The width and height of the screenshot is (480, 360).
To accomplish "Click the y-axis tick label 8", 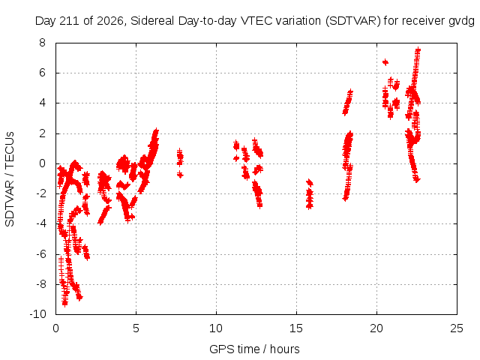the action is [42, 43].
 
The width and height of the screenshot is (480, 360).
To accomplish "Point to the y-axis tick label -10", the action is [38, 314].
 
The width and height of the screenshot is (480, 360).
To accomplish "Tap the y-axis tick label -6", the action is [40, 254].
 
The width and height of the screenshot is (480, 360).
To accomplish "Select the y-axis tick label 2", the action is [42, 133].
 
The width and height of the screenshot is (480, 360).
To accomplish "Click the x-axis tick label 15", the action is [296, 328].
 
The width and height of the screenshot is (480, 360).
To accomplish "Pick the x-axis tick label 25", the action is [457, 328].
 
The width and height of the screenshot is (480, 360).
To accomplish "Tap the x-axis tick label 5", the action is [136, 328].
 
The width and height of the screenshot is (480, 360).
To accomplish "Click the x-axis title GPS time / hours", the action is [254, 349].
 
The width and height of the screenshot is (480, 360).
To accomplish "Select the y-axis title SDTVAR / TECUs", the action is [10, 179].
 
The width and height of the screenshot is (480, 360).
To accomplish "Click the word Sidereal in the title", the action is [152, 21].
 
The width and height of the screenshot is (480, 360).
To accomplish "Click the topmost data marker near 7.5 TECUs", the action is [418, 50].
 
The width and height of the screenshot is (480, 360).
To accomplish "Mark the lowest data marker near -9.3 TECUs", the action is [64, 303].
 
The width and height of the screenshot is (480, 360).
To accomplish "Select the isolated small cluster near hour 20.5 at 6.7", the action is [385, 62].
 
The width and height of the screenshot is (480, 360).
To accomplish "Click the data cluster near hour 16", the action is [310, 194].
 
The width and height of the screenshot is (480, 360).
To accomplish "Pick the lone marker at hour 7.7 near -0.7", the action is [180, 175].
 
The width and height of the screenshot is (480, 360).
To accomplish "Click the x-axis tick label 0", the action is [55, 328].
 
